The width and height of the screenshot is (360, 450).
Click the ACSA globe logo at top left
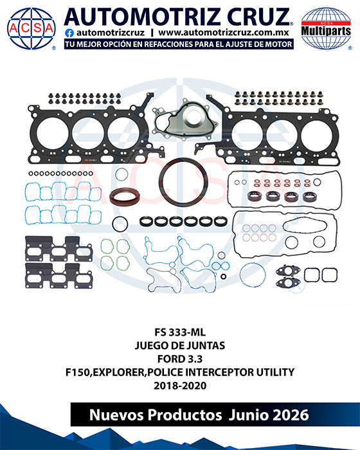coord(31,28)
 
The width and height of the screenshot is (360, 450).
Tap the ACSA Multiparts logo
coord(326,28)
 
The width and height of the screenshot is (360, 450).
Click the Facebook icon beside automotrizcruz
coord(69,33)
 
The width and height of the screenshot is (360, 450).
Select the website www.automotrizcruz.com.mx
coord(223,33)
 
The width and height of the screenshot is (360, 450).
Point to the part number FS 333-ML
coord(180,332)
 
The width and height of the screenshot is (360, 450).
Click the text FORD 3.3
coord(180,359)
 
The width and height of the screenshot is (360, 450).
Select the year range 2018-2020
coord(180,386)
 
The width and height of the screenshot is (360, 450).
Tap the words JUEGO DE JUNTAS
coord(180,345)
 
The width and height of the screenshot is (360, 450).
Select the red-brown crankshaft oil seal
coord(125,197)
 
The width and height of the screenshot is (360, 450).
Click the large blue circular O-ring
coord(240,275)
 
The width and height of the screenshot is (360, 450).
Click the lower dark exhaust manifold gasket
coord(59,276)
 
